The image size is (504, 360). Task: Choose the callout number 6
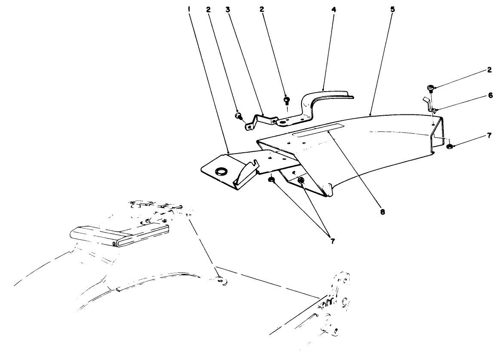490,97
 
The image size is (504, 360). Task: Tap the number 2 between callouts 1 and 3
208,9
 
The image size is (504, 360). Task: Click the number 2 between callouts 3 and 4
262,9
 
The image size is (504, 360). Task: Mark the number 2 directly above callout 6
490,70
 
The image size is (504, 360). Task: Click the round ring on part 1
221,172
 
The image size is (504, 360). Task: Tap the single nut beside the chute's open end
449,147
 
